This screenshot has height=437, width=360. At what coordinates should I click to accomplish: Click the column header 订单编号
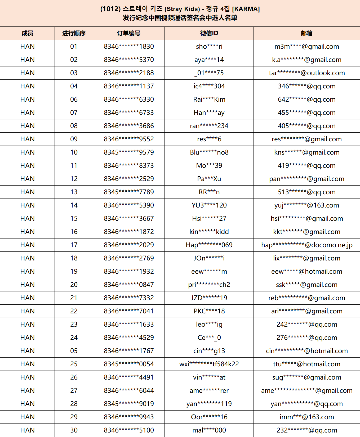pos(129,33)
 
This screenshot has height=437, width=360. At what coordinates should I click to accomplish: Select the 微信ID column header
pos(209,33)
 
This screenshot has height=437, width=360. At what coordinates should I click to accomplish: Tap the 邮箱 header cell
pos(306,33)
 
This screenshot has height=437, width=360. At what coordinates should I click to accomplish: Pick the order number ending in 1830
pos(129,47)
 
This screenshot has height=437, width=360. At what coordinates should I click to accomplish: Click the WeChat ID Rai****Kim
pos(209,100)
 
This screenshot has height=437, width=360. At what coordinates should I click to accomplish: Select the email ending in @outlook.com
pos(306,73)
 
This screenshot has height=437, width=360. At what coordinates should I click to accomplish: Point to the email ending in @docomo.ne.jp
pos(306,245)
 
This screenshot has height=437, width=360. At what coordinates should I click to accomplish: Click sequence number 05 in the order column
pos(74,351)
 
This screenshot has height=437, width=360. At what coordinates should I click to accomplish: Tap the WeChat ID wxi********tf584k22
pos(209,364)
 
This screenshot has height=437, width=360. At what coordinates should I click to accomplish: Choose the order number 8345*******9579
pos(129,152)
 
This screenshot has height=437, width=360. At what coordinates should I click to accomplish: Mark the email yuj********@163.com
pos(306,205)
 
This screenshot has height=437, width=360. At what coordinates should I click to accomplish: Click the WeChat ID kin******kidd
pos(209,232)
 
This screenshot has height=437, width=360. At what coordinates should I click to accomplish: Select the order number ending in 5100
pos(129,430)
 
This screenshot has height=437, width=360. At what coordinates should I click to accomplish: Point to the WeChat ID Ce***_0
pos(209,338)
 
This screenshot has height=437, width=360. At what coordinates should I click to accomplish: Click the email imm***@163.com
pos(306,417)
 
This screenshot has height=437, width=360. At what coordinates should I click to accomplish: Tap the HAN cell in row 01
pos(27,47)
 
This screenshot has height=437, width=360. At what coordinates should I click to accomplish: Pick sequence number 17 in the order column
pos(74,245)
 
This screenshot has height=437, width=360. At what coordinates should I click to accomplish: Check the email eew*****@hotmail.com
pos(306,272)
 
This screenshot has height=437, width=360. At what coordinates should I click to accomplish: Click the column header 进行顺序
pos(74,33)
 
